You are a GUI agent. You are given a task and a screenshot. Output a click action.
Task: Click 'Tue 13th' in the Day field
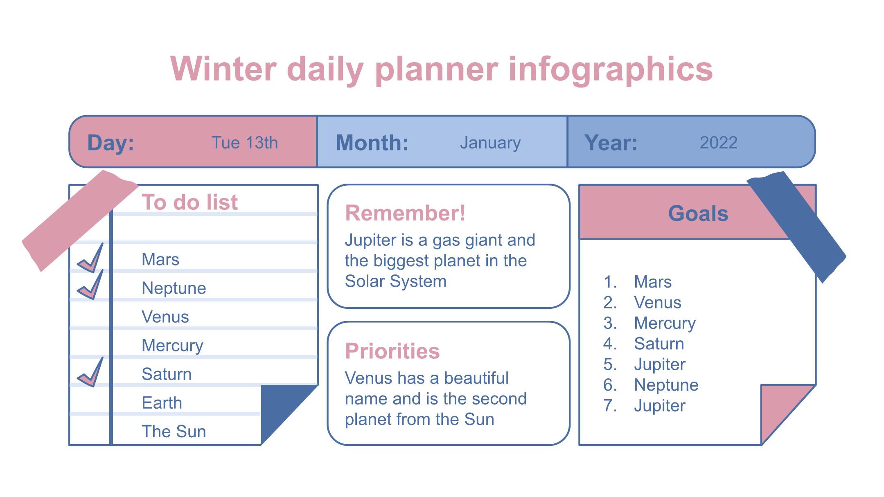coord(244,143)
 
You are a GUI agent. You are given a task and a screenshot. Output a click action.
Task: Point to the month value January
coord(490,143)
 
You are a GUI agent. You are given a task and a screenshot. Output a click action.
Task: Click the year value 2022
coord(718,143)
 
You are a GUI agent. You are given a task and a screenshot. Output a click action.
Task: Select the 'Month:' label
coord(372,143)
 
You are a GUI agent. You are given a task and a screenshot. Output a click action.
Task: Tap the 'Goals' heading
coord(698,214)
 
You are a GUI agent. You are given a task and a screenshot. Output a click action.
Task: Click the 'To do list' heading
coord(189,202)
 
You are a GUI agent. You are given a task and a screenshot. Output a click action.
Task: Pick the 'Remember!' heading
coord(405,213)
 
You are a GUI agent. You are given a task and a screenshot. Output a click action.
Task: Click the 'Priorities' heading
coord(392,351)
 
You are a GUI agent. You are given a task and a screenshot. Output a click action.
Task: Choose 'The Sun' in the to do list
coord(174,432)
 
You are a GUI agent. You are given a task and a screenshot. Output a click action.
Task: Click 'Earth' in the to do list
coord(162,403)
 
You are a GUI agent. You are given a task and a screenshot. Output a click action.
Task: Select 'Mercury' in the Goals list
coord(665,323)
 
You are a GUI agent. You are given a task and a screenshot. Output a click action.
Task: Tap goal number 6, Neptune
coord(666,385)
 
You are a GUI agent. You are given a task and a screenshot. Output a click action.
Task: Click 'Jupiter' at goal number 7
coord(659,406)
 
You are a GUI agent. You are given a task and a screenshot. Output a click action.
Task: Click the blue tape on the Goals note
coord(796,227)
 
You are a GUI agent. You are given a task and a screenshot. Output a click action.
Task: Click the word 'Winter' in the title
coord(223,69)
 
